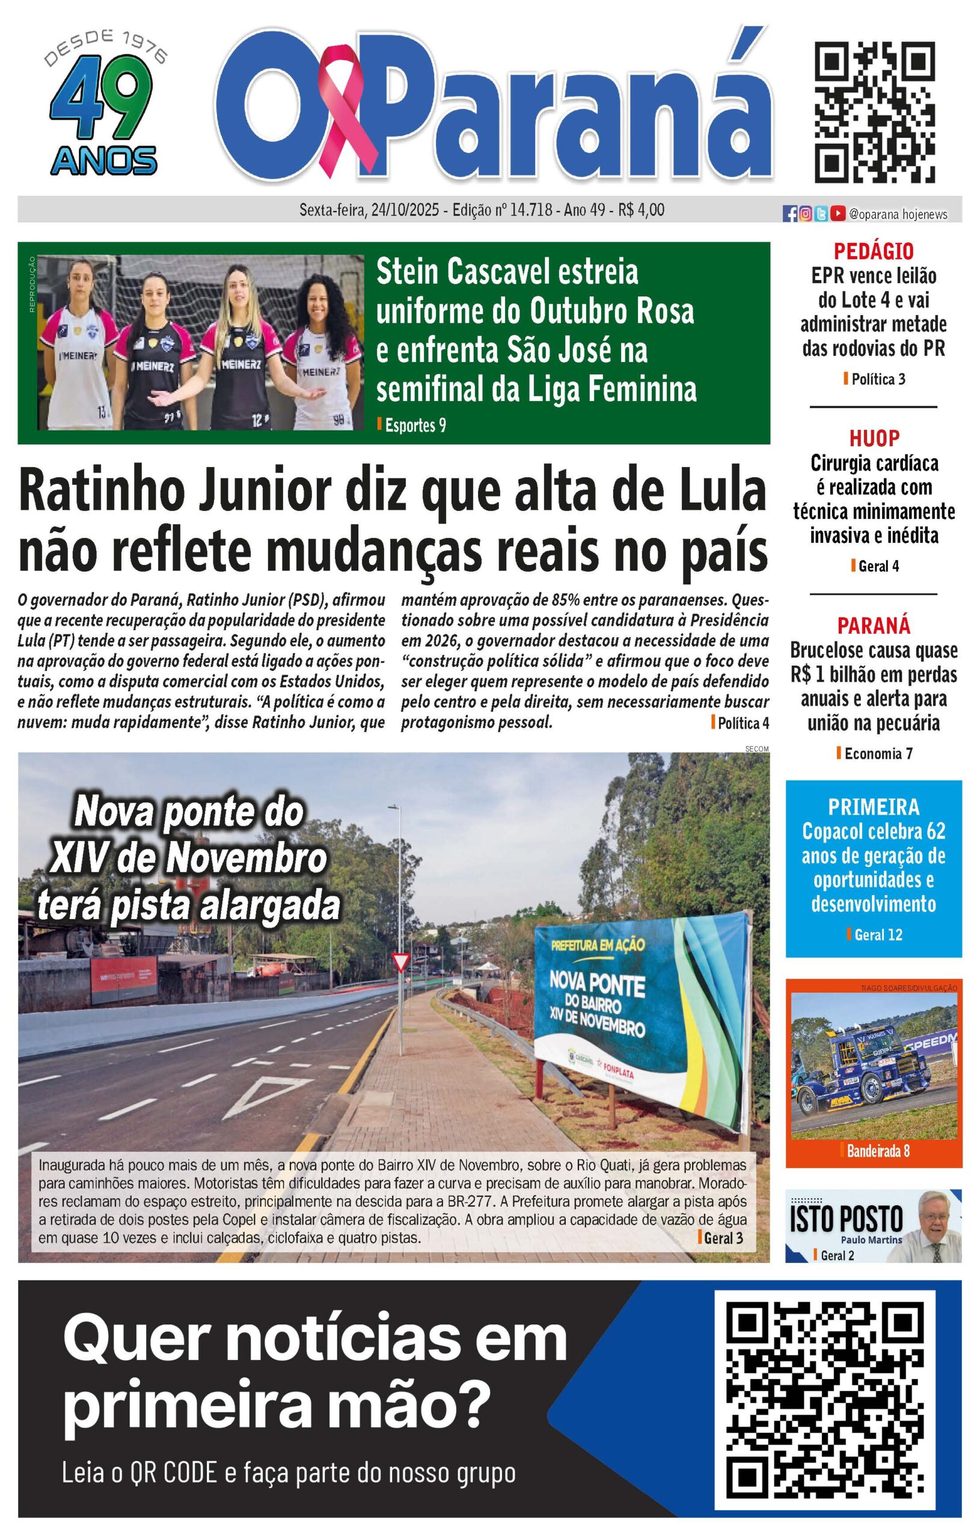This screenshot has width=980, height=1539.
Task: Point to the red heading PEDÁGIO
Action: (873, 251)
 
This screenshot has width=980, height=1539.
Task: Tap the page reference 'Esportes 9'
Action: (415, 426)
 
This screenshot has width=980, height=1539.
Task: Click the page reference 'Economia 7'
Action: (878, 754)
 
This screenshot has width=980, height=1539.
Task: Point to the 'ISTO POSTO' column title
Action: (846, 1219)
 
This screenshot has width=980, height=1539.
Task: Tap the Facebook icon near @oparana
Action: (790, 215)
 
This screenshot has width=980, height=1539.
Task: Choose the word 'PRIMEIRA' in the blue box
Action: (873, 807)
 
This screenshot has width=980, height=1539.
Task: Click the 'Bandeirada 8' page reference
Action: (878, 1152)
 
